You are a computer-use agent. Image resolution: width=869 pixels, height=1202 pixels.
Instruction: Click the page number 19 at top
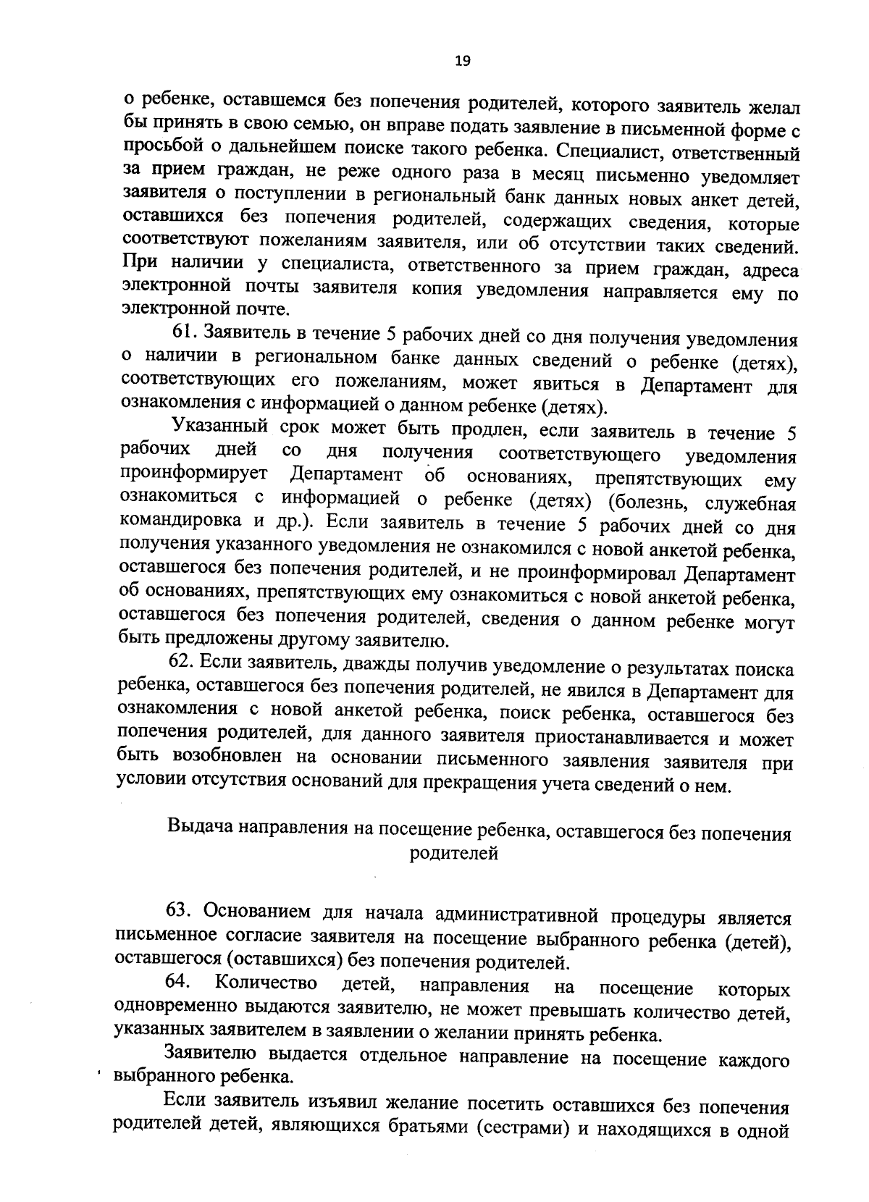point(462,61)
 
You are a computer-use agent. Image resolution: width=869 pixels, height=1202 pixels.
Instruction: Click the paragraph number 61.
point(184,334)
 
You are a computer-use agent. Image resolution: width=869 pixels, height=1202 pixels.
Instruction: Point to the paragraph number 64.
point(178,982)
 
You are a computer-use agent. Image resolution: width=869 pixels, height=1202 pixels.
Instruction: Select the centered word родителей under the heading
point(454,853)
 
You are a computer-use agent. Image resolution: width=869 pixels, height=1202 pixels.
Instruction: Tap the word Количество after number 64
point(266,983)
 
